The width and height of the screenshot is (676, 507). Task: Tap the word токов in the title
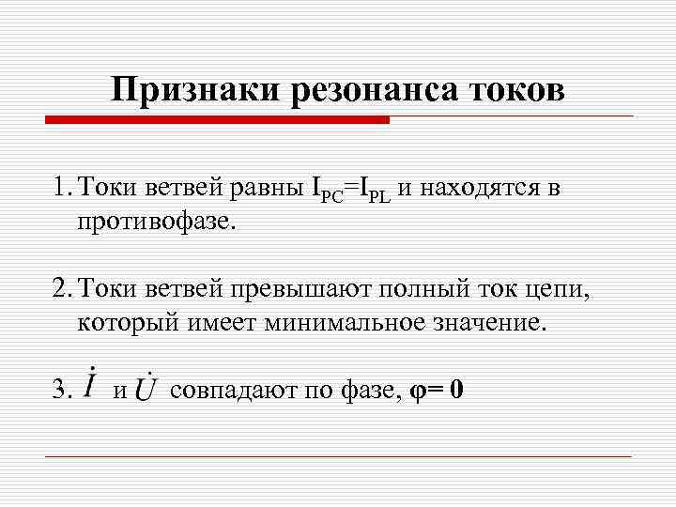[517, 90]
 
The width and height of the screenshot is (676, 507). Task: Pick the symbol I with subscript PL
[370, 190]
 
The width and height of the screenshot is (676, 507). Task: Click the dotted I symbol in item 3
[90, 385]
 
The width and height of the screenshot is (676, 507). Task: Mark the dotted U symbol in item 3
[147, 387]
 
